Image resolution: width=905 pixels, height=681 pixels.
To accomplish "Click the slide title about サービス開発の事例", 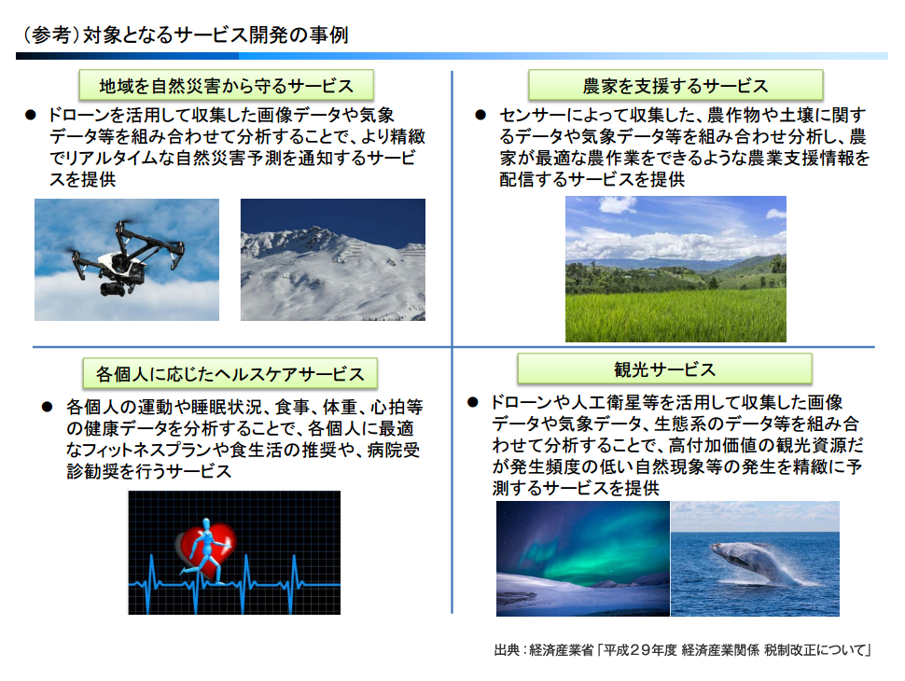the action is [186, 35].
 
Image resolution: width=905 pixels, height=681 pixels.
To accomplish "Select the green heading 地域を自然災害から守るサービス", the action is [226, 86].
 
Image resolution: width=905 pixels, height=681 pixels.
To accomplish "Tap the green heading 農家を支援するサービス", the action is [675, 86].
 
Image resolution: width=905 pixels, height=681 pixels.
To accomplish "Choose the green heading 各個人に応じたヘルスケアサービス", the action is [230, 373].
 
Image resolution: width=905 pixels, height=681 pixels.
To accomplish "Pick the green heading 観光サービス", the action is [665, 368].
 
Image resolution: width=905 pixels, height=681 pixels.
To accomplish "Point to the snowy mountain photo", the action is [333, 259].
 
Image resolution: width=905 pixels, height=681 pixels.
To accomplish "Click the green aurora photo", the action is [583, 558].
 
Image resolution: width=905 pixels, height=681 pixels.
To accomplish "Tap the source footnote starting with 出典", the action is [682, 650].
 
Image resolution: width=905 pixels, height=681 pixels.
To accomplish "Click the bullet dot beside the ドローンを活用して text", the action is [31, 115].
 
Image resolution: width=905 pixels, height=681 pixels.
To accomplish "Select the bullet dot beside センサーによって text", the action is [480, 115].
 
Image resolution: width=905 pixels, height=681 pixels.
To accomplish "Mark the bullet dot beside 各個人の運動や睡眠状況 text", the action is [48, 407].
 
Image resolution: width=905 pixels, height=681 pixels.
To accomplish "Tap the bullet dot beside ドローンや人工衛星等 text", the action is [473, 402].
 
